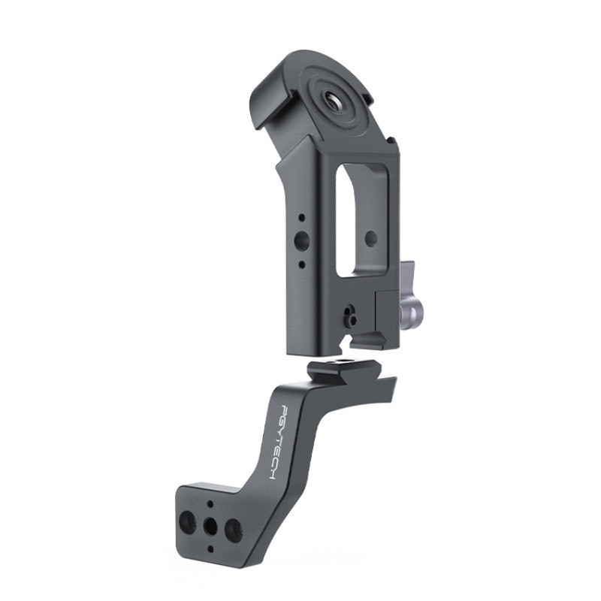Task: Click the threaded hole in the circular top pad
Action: pyautogui.click(x=331, y=101)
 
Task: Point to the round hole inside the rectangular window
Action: pyautogui.click(x=370, y=239)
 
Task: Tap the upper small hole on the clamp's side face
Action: pyautogui.click(x=302, y=218)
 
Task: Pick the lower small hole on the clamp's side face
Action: pyautogui.click(x=302, y=264)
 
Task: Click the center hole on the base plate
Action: pyautogui.click(x=210, y=527)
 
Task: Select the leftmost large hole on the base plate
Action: pyautogui.click(x=187, y=522)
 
